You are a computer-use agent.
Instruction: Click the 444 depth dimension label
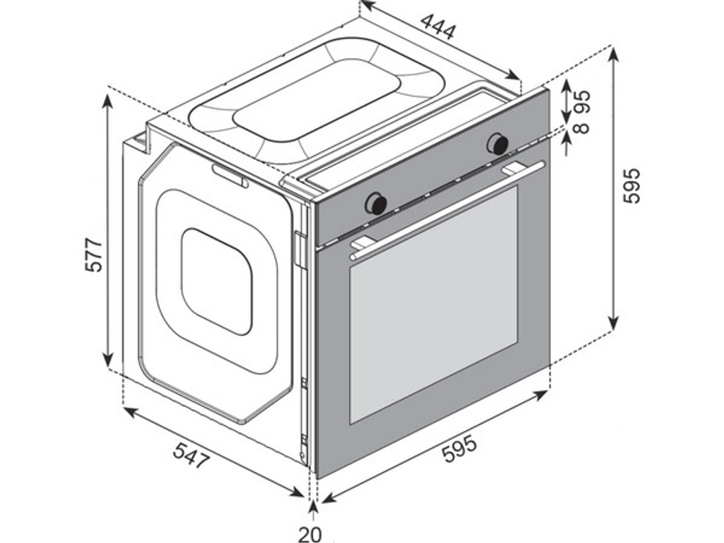click(x=438, y=26)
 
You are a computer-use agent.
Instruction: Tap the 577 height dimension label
click(x=94, y=256)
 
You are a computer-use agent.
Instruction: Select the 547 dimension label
click(x=192, y=455)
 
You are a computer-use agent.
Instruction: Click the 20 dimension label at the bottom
click(x=309, y=534)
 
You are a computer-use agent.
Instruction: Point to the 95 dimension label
click(x=583, y=102)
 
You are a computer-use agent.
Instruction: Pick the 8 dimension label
click(x=583, y=127)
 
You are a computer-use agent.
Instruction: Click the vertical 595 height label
click(x=631, y=185)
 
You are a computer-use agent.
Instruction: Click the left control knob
click(x=376, y=203)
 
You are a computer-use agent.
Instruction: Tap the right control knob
click(x=498, y=143)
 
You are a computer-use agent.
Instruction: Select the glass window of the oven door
click(x=433, y=305)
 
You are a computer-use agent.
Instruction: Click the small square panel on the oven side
click(x=216, y=281)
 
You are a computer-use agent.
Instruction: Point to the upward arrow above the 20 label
click(x=313, y=512)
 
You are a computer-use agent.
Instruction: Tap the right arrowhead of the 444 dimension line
click(x=513, y=75)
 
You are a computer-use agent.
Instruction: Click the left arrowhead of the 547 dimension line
click(x=132, y=412)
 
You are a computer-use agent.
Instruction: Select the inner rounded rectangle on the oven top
click(x=317, y=101)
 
